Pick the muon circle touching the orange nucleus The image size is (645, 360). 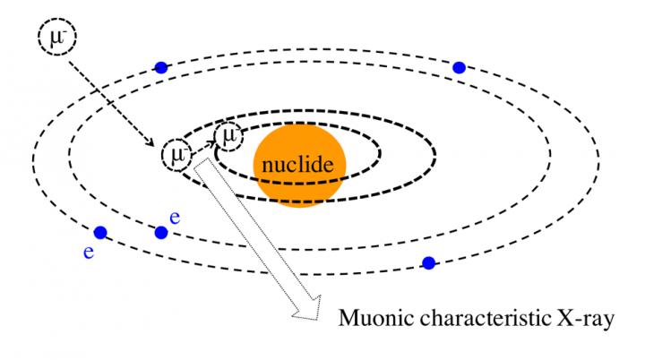click(229, 136)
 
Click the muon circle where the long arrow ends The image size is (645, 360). click(176, 154)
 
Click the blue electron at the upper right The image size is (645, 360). click(460, 67)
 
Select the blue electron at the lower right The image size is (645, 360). click(428, 262)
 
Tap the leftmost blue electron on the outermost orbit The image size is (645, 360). click(100, 233)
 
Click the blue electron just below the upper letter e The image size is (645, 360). click(161, 233)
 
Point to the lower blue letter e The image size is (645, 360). click(89, 253)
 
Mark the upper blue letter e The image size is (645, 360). click(176, 218)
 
